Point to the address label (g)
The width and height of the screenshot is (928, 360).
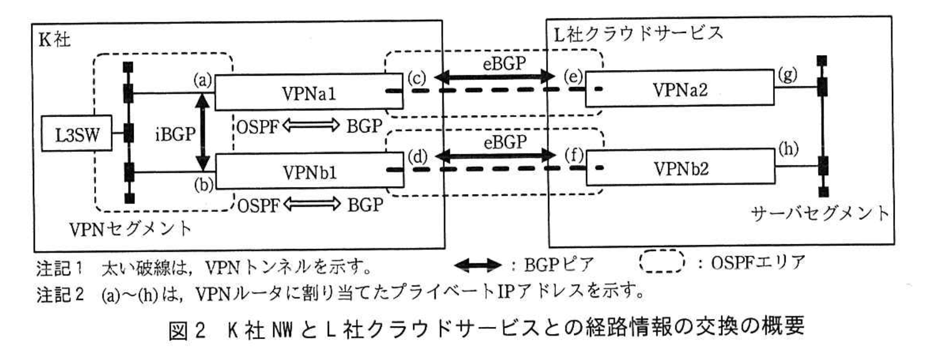pyautogui.click(x=787, y=75)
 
